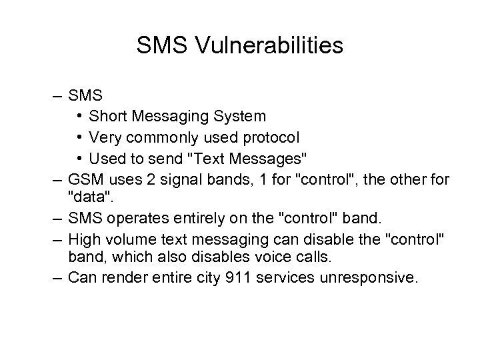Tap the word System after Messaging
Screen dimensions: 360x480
[x=239, y=116]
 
